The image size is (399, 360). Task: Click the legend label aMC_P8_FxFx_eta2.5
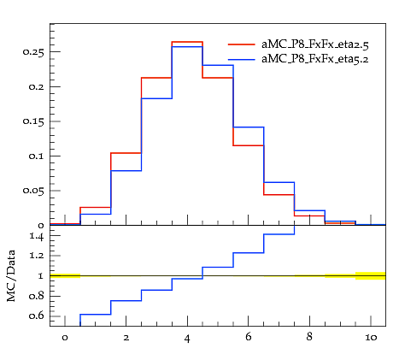coord(315,44)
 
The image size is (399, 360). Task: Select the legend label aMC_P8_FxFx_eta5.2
coord(315,59)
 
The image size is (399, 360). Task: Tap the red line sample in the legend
coord(241,44)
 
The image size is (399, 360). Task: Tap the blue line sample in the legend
coord(241,59)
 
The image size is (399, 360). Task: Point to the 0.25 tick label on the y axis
coord(33,52)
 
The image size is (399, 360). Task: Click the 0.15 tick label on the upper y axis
coord(33,121)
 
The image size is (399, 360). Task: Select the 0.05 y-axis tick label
coord(33,191)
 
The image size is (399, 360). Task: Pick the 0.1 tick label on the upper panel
coord(37,156)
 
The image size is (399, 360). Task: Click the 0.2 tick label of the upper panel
coord(37,86)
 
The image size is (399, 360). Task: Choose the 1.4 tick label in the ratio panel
coord(37,236)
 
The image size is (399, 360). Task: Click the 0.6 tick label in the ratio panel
coord(37,316)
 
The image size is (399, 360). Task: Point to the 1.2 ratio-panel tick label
coord(37,256)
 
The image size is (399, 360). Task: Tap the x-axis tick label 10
coord(371,338)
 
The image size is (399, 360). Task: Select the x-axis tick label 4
coord(187,339)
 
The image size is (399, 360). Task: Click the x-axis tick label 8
coord(309,337)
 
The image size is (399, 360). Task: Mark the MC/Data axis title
coord(11,276)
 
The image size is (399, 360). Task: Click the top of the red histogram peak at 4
coord(187,42)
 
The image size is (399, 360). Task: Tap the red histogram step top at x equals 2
coord(126,153)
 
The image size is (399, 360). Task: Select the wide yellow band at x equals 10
coord(371,276)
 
